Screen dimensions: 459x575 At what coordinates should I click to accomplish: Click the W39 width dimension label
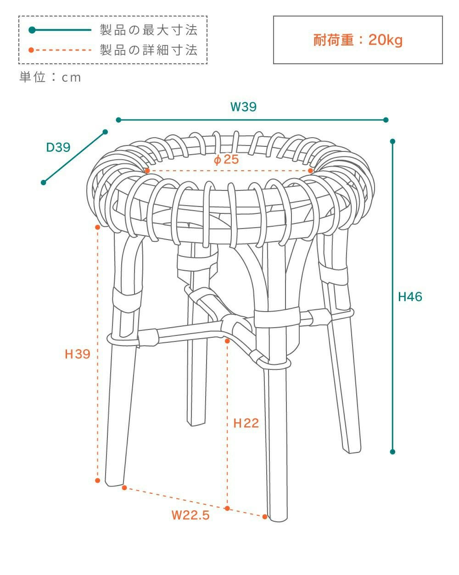(x=243, y=106)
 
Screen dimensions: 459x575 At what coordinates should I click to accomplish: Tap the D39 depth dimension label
(x=58, y=147)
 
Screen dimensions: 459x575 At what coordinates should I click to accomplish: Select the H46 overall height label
(x=410, y=297)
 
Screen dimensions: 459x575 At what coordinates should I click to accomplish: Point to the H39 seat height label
(x=78, y=354)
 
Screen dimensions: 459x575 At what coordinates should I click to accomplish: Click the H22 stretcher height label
(x=246, y=423)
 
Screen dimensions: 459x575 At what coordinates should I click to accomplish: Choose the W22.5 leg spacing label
(x=190, y=515)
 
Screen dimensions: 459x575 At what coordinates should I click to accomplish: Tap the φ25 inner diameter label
(x=226, y=160)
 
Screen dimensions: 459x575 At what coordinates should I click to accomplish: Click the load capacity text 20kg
(x=385, y=40)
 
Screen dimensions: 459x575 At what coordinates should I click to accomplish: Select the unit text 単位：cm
(x=50, y=77)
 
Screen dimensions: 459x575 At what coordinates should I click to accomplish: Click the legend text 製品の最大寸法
(x=149, y=30)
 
